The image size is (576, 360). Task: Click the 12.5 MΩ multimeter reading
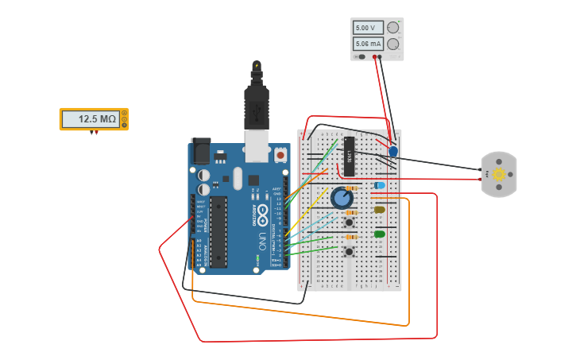[97, 119]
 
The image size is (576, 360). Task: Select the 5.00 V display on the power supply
[367, 28]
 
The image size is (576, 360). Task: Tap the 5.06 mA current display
[367, 44]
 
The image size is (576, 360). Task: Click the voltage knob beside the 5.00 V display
[392, 28]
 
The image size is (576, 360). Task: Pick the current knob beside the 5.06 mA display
[392, 44]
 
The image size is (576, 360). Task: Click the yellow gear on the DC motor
[499, 174]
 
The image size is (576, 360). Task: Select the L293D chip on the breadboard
[348, 156]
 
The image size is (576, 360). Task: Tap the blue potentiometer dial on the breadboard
[342, 197]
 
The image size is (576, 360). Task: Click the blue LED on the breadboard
[380, 185]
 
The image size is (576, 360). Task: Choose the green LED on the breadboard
[380, 234]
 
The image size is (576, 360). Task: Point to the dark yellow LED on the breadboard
[380, 210]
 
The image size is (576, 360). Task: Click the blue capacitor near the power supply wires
[393, 150]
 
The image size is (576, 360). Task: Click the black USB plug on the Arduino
[257, 99]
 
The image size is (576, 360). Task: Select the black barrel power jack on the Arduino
[200, 151]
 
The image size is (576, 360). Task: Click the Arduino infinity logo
[262, 213]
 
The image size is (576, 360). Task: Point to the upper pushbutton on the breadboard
[349, 223]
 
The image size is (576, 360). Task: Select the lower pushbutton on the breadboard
[349, 252]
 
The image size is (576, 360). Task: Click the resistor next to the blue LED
[351, 188]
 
